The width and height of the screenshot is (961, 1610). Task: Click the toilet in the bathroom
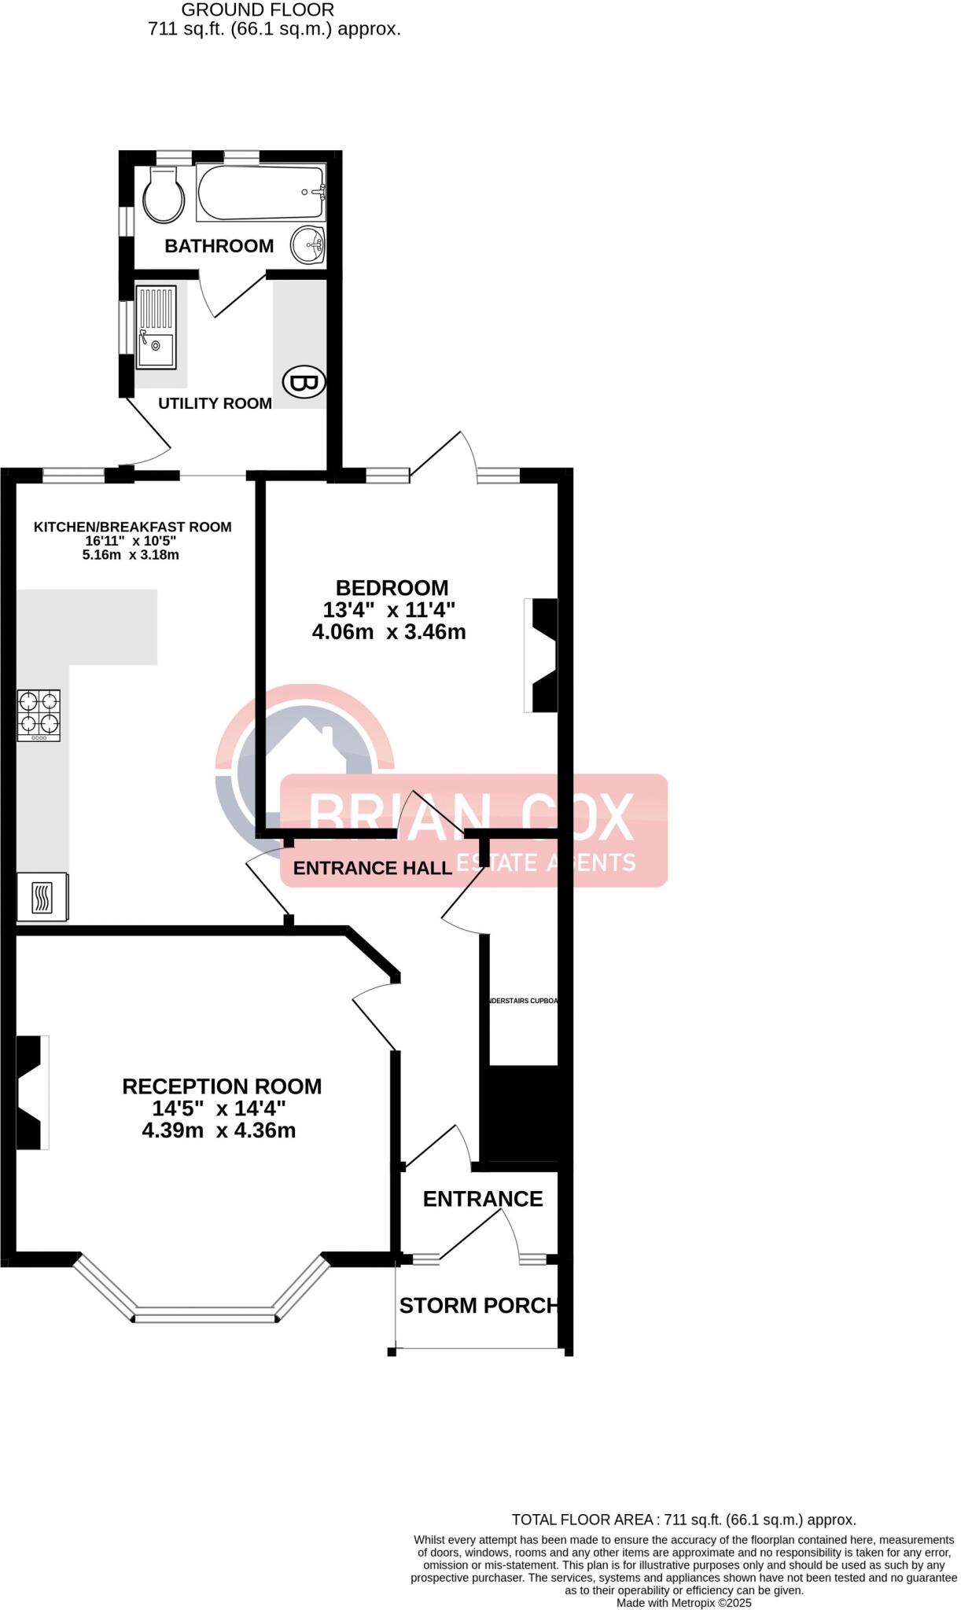pyautogui.click(x=164, y=195)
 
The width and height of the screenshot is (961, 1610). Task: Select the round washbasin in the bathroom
pyautogui.click(x=307, y=245)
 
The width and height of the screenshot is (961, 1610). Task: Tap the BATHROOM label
pyautogui.click(x=219, y=246)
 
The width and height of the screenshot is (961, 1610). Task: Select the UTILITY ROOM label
pyautogui.click(x=215, y=403)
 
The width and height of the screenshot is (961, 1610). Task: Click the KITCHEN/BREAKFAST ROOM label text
pyautogui.click(x=132, y=527)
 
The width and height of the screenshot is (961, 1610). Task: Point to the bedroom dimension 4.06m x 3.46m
pyautogui.click(x=388, y=632)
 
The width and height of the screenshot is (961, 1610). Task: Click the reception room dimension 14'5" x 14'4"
pyautogui.click(x=219, y=1108)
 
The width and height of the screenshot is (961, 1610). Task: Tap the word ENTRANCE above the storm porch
pyautogui.click(x=482, y=1199)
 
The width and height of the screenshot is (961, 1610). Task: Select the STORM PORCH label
pyautogui.click(x=478, y=1306)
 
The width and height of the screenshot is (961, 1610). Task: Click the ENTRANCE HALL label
pyautogui.click(x=372, y=868)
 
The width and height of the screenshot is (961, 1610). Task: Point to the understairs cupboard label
pyautogui.click(x=522, y=1001)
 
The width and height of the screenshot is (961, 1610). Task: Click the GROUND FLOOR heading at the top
pyautogui.click(x=257, y=10)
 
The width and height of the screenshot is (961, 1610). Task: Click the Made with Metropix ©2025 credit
pyautogui.click(x=683, y=1603)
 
